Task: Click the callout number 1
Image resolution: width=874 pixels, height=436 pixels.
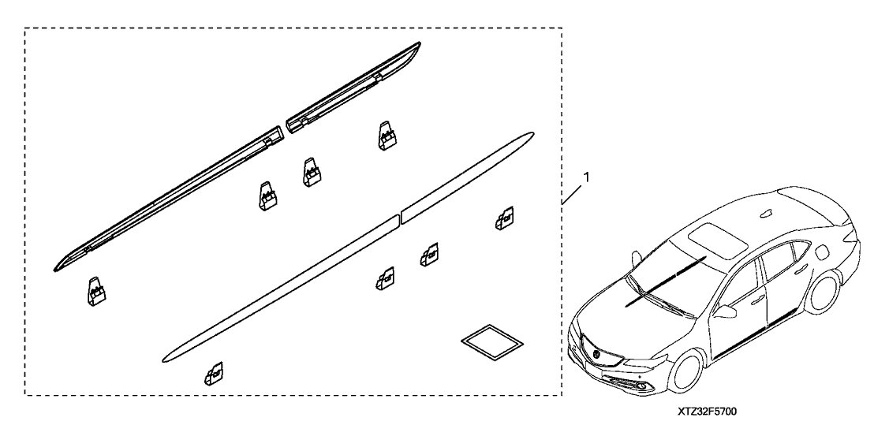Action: pyautogui.click(x=585, y=177)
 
